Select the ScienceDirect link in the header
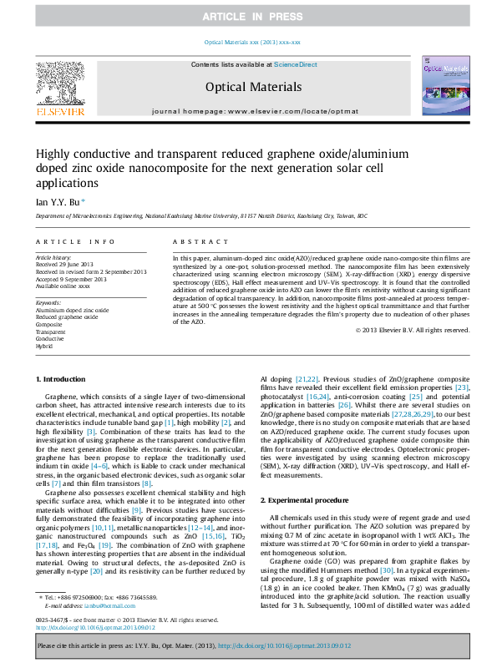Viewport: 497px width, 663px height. coord(296,64)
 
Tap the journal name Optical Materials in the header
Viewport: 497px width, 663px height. coord(253,86)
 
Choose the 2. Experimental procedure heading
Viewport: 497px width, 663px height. coord(304,499)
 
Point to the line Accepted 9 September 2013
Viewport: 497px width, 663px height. coord(71,279)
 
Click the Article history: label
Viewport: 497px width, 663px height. coord(53,259)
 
